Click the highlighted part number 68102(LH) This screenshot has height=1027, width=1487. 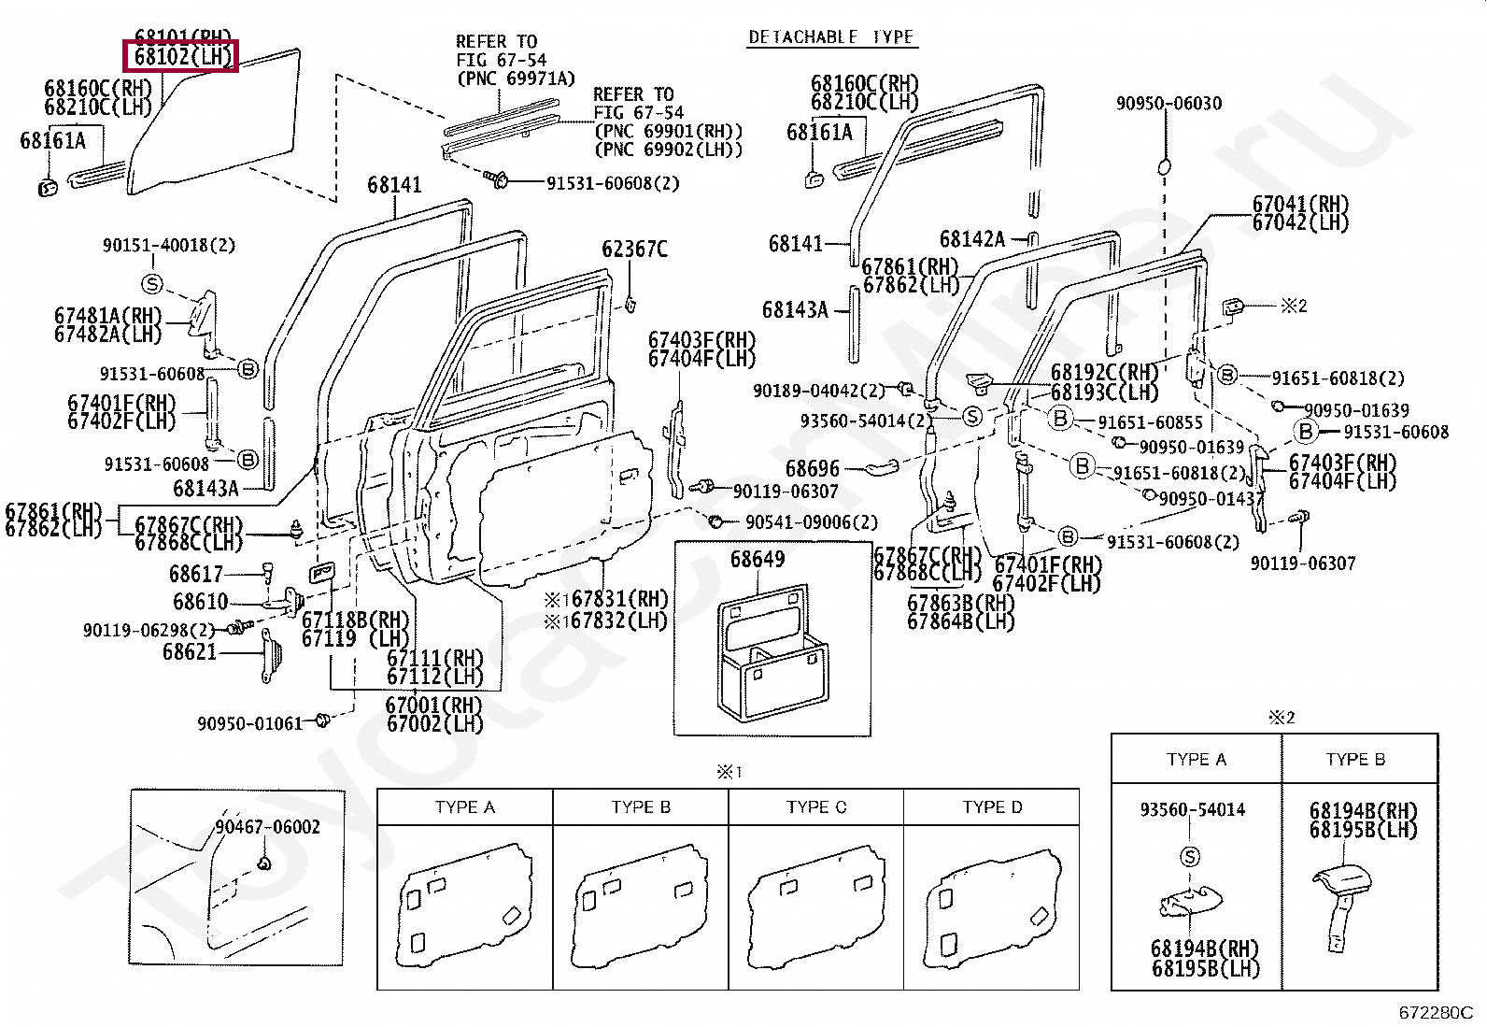(x=182, y=56)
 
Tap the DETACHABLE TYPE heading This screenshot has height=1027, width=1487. (x=830, y=37)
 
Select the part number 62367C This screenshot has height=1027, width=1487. (x=634, y=250)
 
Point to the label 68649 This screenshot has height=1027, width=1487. (x=757, y=560)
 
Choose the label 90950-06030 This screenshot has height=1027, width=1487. (x=1168, y=104)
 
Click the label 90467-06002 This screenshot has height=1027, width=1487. (x=267, y=827)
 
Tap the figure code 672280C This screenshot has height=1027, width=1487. (x=1435, y=1012)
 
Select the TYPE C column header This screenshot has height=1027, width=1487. (x=816, y=807)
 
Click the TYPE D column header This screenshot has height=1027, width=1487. (x=992, y=807)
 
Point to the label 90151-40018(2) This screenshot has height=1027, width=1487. (x=168, y=246)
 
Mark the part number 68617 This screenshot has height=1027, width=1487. (x=196, y=574)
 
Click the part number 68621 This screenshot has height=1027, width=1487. (x=190, y=652)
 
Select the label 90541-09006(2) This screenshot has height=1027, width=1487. (x=811, y=522)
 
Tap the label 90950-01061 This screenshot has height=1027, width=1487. (x=250, y=723)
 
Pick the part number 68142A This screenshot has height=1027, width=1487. (x=971, y=239)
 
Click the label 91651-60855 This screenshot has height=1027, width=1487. (x=1150, y=422)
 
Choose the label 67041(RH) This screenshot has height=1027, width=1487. (x=1300, y=205)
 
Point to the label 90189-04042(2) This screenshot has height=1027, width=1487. (x=818, y=391)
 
